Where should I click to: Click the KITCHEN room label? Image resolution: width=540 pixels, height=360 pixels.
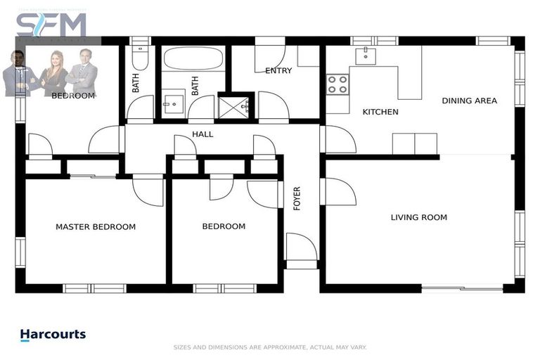(x=380, y=112)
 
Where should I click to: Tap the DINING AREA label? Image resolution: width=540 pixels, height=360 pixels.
(x=469, y=101)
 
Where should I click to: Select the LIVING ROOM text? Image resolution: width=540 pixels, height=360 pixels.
(x=418, y=217)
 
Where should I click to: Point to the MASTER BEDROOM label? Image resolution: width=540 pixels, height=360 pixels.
(x=96, y=226)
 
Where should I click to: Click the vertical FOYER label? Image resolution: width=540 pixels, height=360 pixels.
(x=297, y=198)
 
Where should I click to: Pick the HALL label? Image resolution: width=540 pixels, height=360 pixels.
(x=202, y=134)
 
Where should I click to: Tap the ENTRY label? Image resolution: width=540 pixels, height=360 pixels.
(x=278, y=70)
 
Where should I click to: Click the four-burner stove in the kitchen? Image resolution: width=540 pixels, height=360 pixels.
(x=337, y=84)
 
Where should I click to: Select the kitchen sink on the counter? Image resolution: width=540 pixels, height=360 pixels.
(x=366, y=56)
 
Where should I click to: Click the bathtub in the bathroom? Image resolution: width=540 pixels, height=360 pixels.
(x=193, y=59)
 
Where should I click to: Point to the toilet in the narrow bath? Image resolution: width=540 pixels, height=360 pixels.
(x=140, y=56)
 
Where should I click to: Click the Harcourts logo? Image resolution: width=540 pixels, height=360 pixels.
(x=53, y=335)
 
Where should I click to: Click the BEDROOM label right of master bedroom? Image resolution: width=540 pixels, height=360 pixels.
(x=224, y=226)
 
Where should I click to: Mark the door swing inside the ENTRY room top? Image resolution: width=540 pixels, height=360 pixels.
(x=269, y=55)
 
